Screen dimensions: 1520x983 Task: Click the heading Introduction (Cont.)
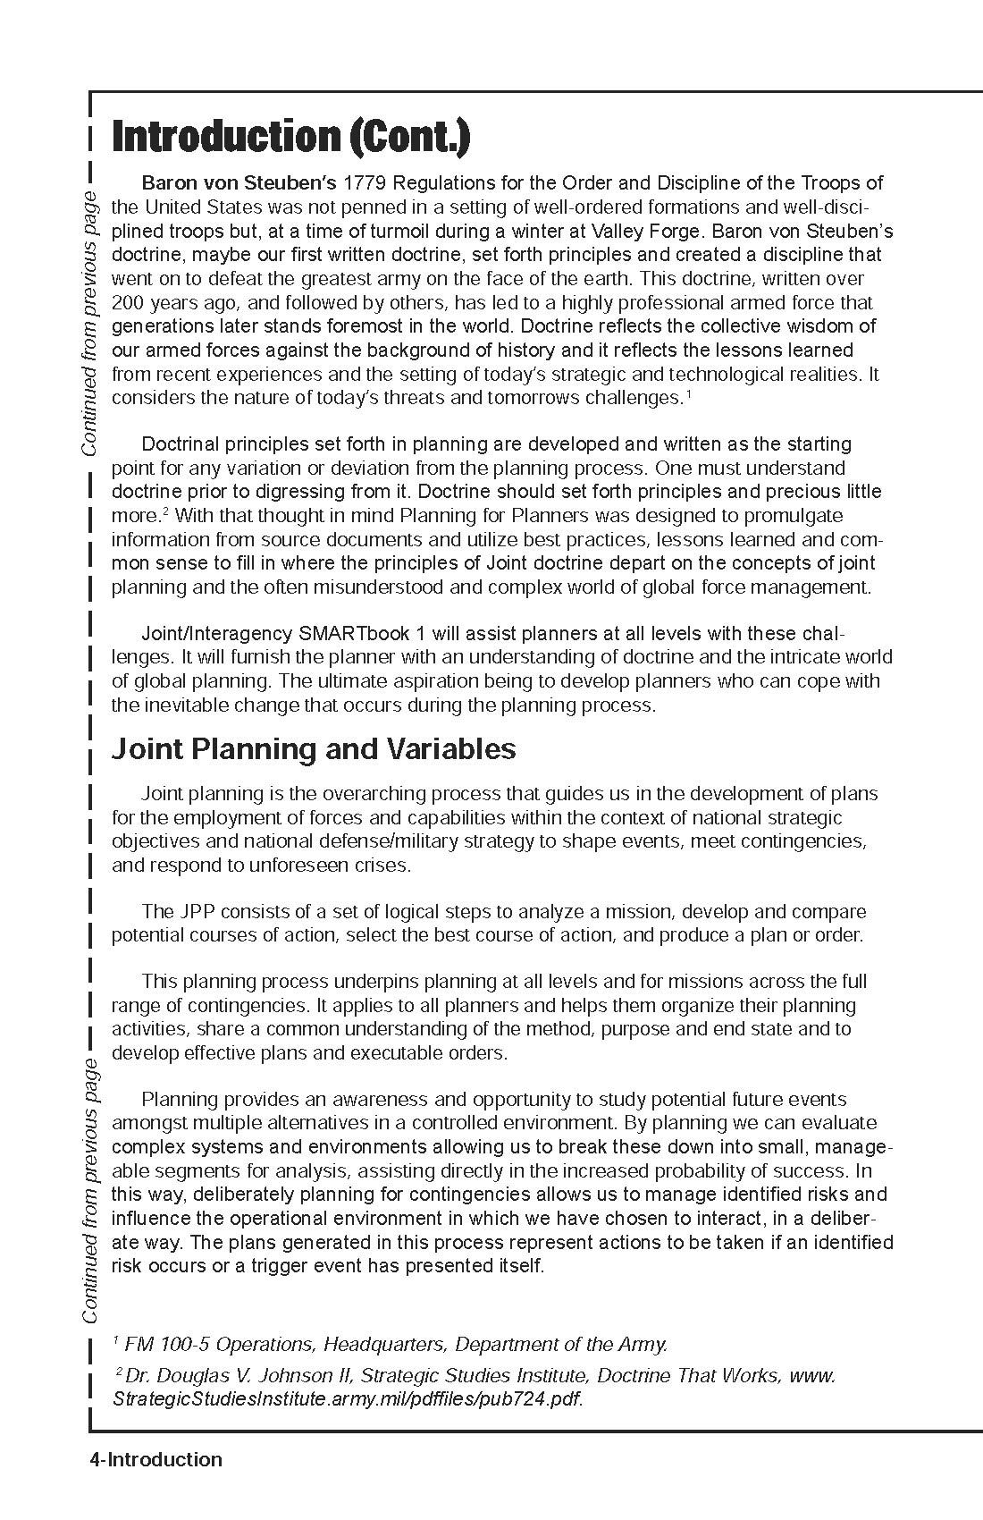pos(290,137)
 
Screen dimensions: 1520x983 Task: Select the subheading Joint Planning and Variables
pos(313,748)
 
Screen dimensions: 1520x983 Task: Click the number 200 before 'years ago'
pos(128,302)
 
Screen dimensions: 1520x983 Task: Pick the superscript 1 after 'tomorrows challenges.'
pos(688,393)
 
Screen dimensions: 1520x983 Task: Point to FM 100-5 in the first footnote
pos(161,1344)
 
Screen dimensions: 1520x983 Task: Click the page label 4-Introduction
pos(155,1459)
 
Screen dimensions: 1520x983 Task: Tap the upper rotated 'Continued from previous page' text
pos(90,323)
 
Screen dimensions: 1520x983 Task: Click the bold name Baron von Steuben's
pos(239,183)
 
